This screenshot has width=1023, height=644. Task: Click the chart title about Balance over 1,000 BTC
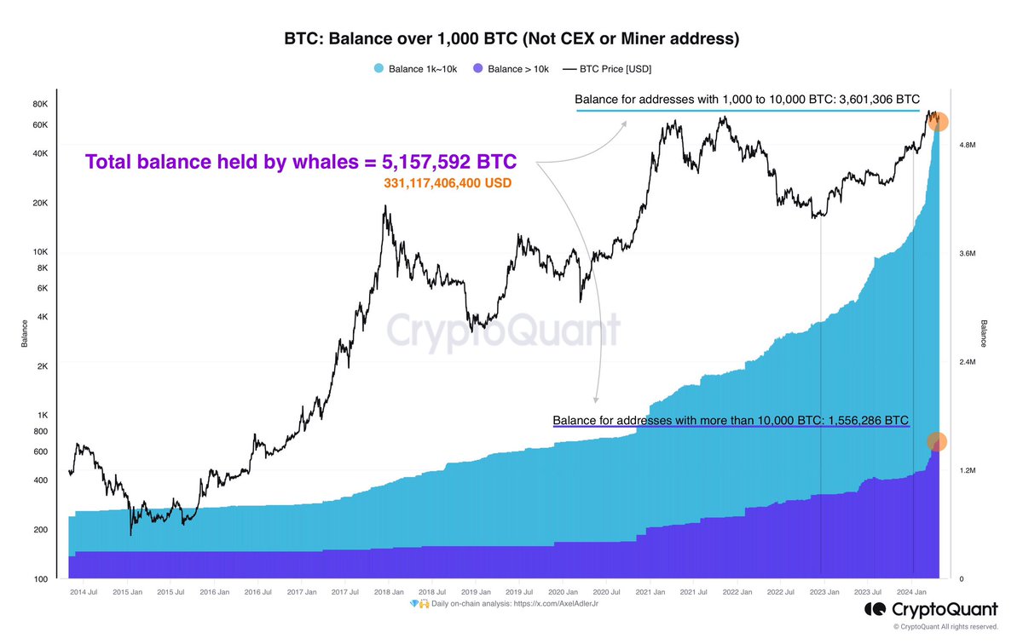point(511,39)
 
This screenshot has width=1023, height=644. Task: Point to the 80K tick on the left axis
point(41,105)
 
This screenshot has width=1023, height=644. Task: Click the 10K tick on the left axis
point(41,252)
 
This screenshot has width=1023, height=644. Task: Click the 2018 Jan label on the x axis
point(384,591)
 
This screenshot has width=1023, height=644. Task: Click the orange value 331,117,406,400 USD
point(448,183)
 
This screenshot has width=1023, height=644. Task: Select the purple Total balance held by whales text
point(300,162)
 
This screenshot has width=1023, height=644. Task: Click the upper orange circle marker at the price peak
point(938,122)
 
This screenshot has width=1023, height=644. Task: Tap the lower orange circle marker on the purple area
point(936,441)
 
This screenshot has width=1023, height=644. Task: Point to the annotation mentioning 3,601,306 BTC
point(748,101)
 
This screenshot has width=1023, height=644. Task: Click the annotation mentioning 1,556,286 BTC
point(731,420)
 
